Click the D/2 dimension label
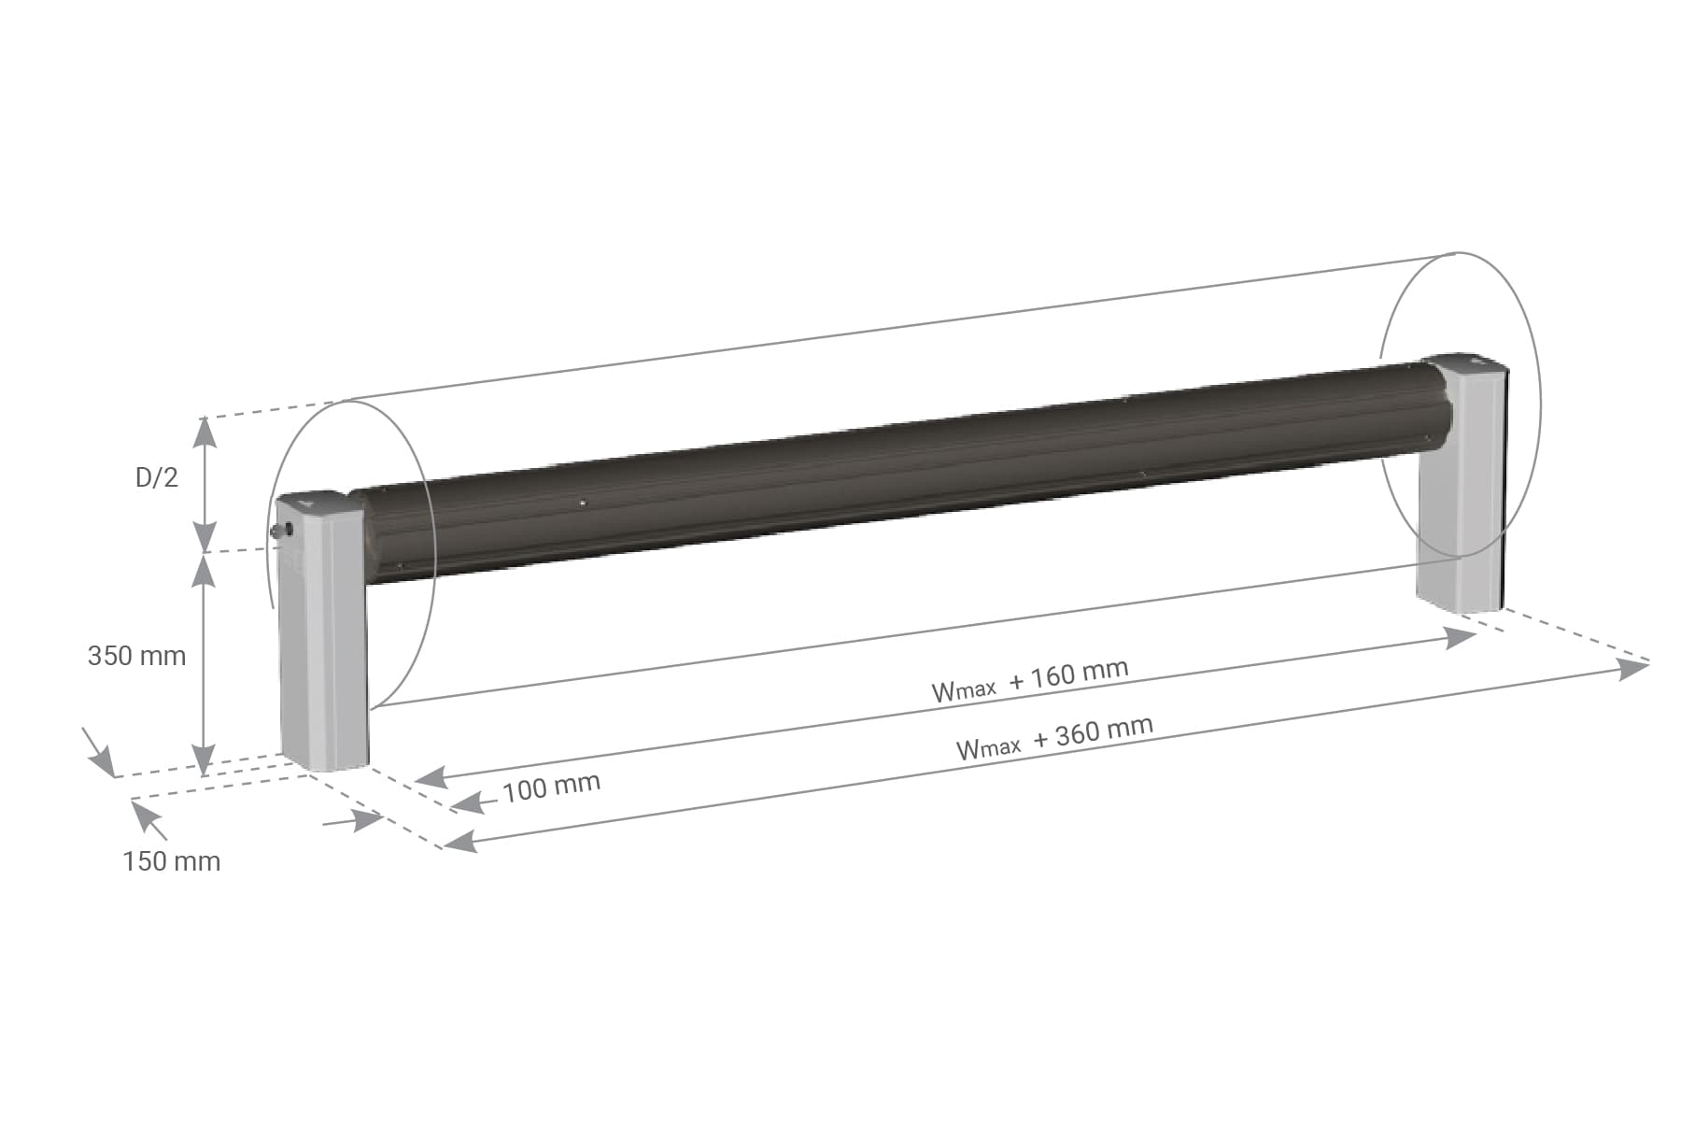(x=156, y=477)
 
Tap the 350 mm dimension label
(x=136, y=656)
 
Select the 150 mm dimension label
(x=172, y=861)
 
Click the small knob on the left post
(x=282, y=530)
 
